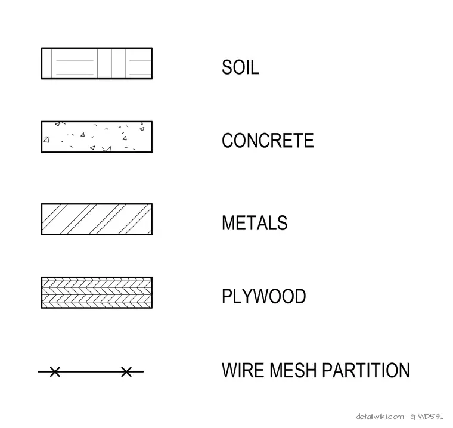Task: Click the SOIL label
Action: pos(240,67)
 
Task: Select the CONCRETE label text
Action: pos(268,141)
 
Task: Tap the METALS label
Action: pos(255,222)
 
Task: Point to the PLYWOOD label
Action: pos(264,296)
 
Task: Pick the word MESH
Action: pos(294,370)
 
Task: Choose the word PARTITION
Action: pos(366,370)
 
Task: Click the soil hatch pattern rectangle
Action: pos(97,63)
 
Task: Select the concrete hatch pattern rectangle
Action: pos(97,137)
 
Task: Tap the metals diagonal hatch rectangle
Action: pos(97,219)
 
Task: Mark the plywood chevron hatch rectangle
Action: pos(97,293)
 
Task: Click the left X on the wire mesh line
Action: pos(55,371)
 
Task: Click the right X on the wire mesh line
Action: pos(126,371)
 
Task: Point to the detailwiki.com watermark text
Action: pos(380,417)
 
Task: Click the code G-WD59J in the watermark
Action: pos(427,417)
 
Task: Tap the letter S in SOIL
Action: pos(226,67)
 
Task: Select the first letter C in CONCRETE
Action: pos(227,141)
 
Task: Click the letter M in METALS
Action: pos(228,222)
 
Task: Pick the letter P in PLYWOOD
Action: pos(226,296)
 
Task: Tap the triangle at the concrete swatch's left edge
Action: pos(46,139)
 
